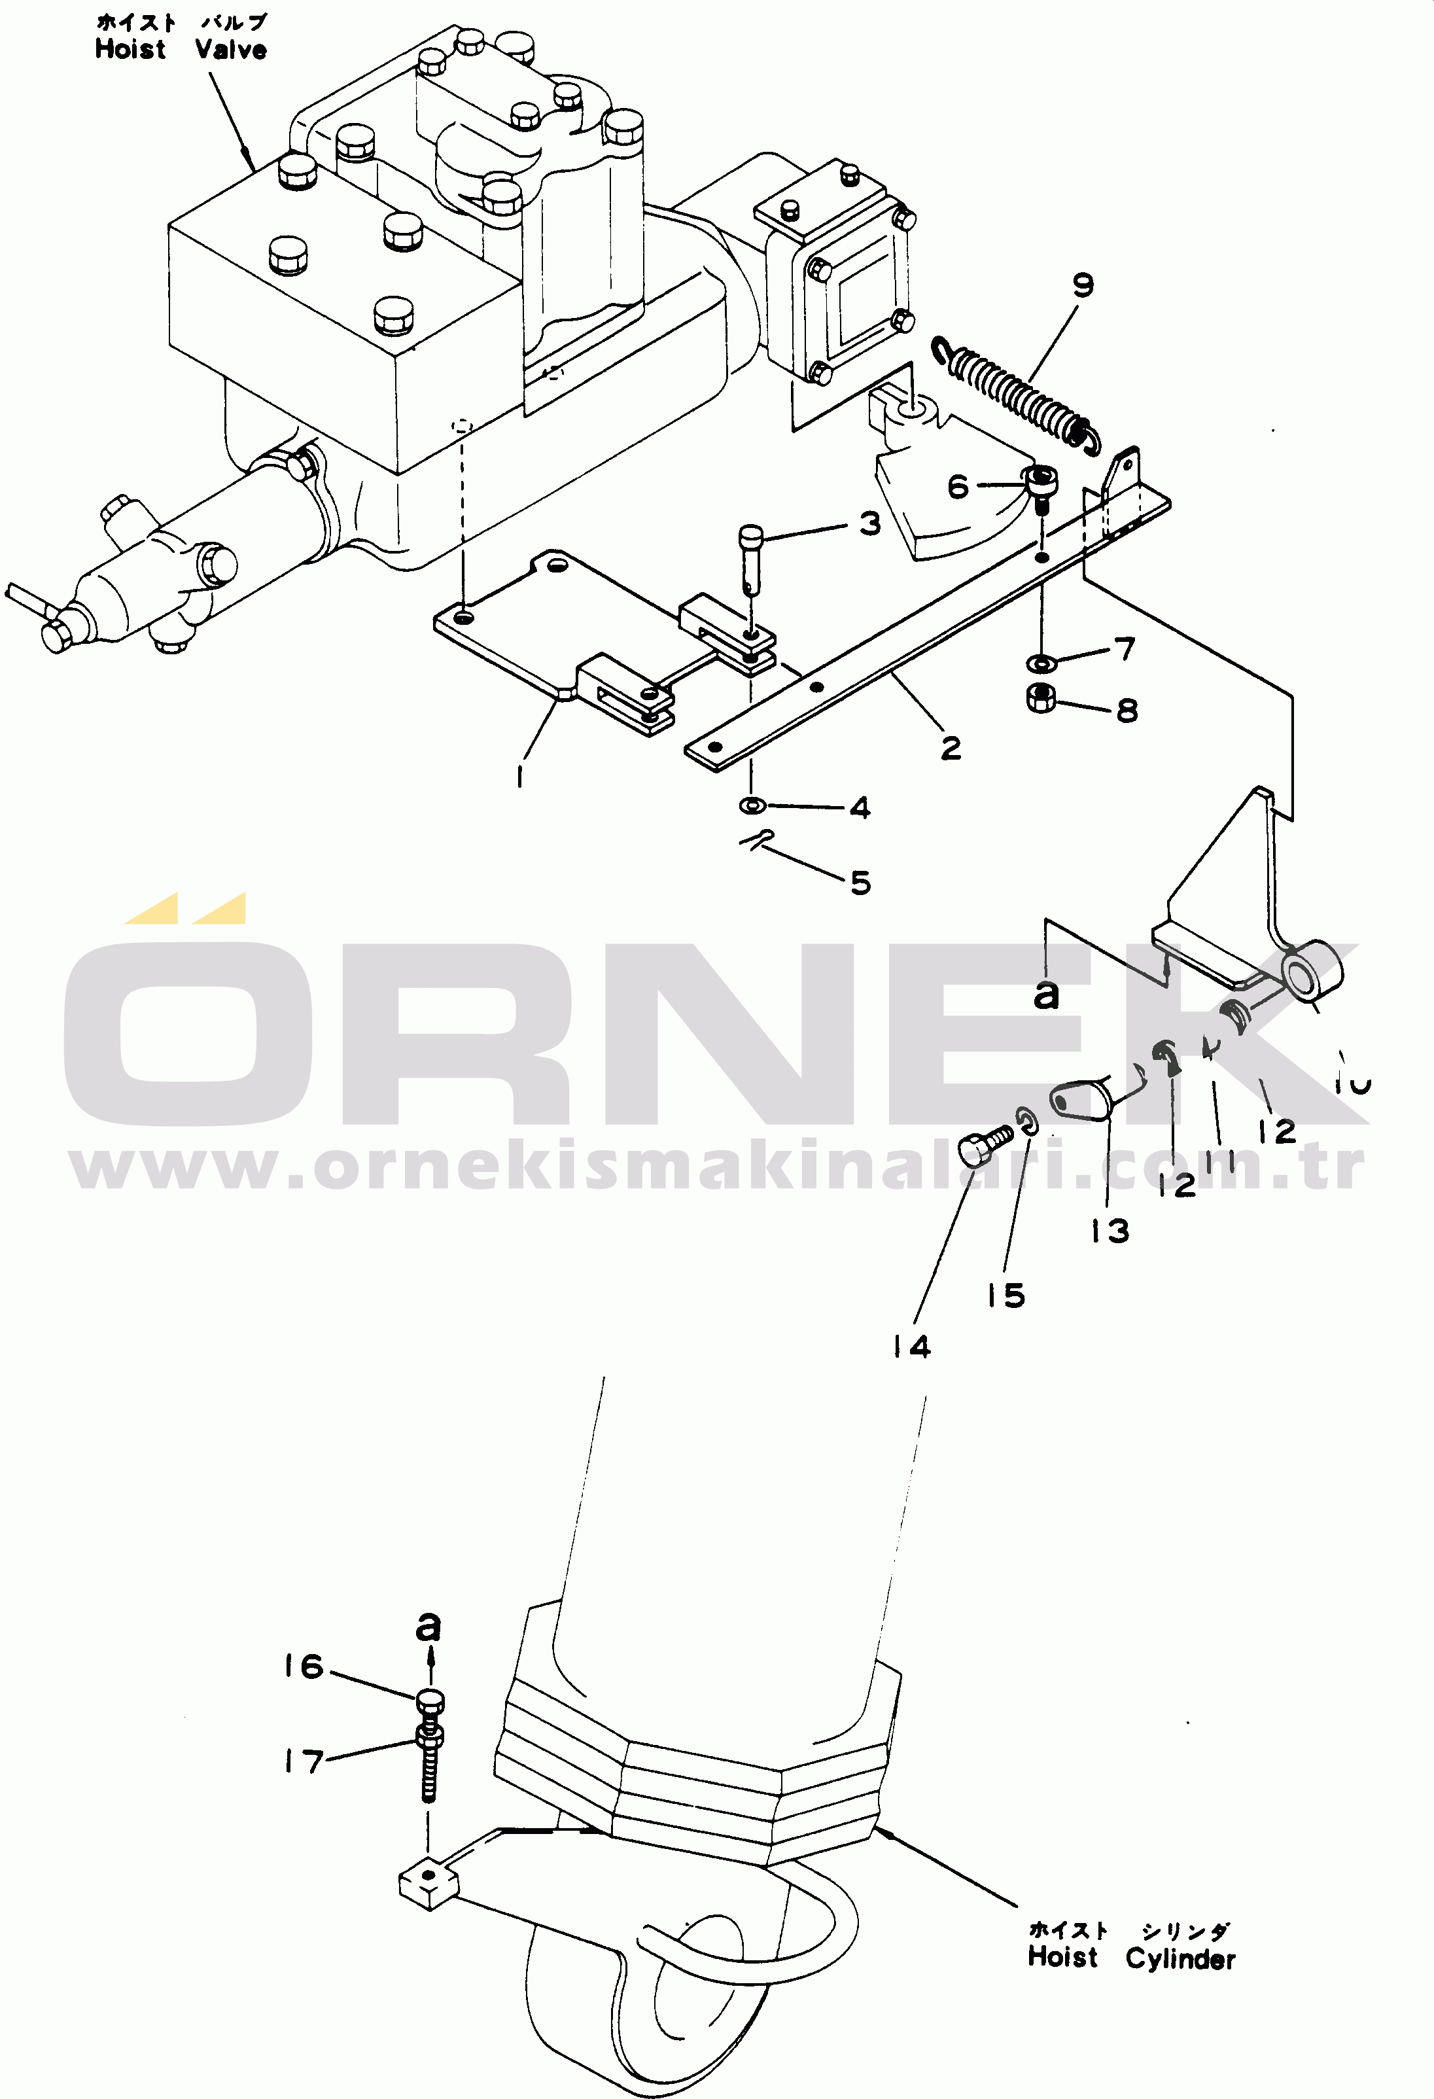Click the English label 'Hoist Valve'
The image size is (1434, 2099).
click(x=181, y=50)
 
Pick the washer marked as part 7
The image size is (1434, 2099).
click(x=1043, y=664)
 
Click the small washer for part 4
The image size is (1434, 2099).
click(x=752, y=804)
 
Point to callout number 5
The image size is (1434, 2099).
click(x=860, y=883)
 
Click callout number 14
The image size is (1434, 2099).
click(x=911, y=1348)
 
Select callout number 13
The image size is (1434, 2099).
click(x=1109, y=1230)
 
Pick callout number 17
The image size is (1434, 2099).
click(x=304, y=1761)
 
